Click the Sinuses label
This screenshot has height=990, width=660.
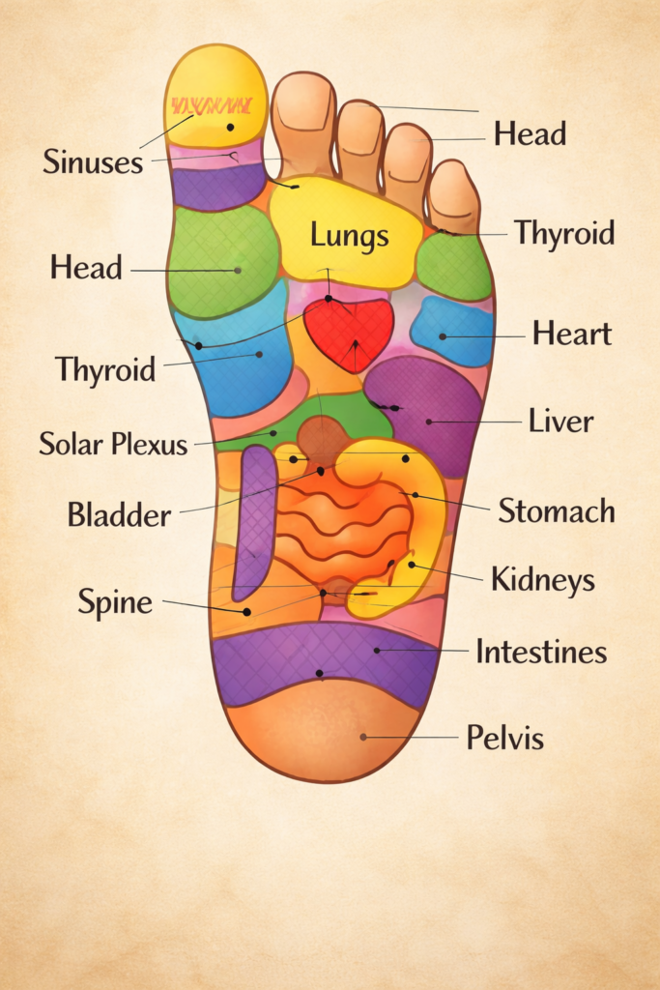(93, 161)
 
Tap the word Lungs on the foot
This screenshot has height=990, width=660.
(350, 235)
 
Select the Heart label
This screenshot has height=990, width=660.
(571, 335)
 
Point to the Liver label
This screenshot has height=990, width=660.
(560, 422)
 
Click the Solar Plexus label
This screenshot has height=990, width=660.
(113, 444)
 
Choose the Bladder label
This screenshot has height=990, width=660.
(119, 514)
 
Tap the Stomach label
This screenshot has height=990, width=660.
(556, 510)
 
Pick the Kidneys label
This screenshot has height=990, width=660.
(542, 580)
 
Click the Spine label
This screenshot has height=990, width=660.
(115, 603)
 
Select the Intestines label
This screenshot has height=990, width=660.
(541, 652)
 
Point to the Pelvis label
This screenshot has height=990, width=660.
(504, 739)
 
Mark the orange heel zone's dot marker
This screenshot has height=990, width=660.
(363, 737)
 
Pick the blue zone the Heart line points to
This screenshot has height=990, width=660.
(452, 332)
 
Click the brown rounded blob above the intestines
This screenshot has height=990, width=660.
(323, 440)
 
